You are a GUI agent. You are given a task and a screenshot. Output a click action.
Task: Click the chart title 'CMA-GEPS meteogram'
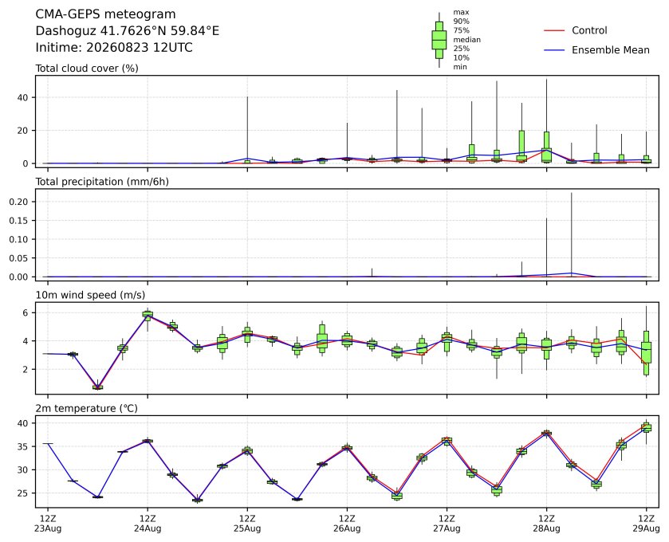point(105,14)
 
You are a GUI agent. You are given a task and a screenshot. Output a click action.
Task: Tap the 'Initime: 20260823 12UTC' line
point(114,47)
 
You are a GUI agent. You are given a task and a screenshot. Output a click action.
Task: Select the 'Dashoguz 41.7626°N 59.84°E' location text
point(127,31)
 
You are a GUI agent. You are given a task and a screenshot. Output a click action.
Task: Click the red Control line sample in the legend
point(554,31)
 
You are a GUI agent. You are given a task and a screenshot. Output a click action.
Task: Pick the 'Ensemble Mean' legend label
point(611,50)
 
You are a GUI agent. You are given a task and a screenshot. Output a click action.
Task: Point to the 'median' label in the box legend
point(466,40)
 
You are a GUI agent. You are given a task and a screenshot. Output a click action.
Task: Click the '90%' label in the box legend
point(461,22)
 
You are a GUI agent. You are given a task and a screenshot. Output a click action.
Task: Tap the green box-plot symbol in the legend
point(439,40)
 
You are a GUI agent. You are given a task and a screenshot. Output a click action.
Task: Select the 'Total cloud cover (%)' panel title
point(87,69)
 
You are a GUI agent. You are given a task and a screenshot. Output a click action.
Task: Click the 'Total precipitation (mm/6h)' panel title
point(102,182)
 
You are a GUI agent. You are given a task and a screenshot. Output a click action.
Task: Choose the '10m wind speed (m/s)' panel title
point(90,295)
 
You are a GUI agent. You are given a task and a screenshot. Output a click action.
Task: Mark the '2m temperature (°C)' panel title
point(86,409)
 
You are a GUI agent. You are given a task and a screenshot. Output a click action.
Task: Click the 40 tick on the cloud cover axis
point(22,98)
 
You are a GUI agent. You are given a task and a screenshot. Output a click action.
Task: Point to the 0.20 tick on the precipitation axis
point(18,202)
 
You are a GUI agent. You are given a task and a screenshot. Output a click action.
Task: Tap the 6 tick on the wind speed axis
point(26,313)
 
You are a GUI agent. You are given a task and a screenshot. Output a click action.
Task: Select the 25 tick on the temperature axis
point(22,493)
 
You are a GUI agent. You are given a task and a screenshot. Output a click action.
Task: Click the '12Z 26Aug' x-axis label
point(347,524)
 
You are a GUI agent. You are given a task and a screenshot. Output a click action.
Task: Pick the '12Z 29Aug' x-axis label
point(646,524)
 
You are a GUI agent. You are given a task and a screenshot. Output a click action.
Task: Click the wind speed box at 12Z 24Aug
point(148,315)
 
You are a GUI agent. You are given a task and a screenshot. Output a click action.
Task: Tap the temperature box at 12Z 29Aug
point(647,427)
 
